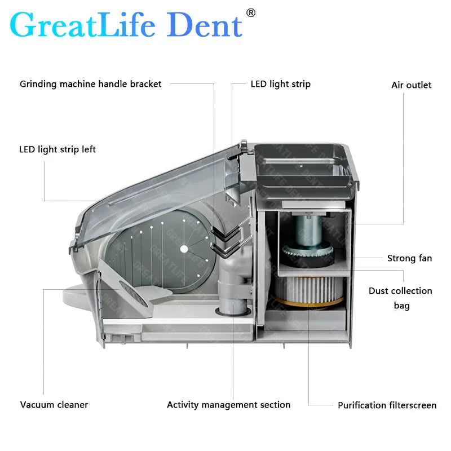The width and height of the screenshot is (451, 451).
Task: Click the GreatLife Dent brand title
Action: (x=126, y=25)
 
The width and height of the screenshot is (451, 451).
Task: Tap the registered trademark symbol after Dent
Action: (x=251, y=12)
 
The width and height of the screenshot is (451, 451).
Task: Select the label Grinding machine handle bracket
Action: (x=91, y=84)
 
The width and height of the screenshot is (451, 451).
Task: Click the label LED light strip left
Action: (x=58, y=149)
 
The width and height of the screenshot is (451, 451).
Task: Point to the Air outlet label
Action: (x=411, y=85)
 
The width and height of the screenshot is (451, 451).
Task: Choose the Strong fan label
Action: (x=409, y=258)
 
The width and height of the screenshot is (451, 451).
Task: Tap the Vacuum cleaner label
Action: (x=54, y=405)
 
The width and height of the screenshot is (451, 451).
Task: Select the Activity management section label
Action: (x=228, y=405)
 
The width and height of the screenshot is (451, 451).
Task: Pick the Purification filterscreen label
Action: (x=387, y=405)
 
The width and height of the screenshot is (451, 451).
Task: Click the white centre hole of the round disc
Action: (x=183, y=249)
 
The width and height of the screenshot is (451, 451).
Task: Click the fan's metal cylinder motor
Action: (x=309, y=228)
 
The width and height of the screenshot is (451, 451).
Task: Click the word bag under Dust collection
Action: (x=401, y=306)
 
